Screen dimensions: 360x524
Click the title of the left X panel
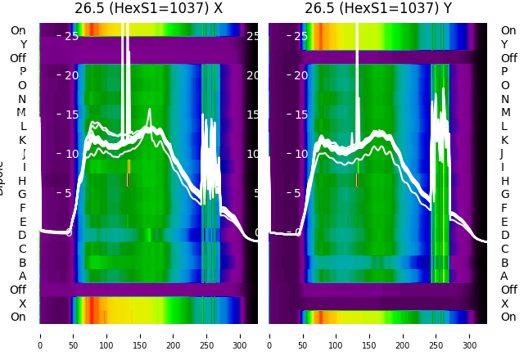(x=148, y=8)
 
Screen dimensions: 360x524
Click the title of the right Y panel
(x=377, y=8)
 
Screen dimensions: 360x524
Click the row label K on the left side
(x=23, y=140)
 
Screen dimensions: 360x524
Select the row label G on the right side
(x=504, y=195)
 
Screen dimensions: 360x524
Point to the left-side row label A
(x=23, y=277)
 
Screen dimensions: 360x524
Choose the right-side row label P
(x=504, y=72)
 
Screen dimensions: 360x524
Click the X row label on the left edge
(x=23, y=304)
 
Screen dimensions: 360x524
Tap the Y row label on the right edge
(x=504, y=44)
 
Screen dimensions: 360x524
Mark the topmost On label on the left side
(x=18, y=31)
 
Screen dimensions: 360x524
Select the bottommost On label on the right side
(x=508, y=317)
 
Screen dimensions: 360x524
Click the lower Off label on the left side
(x=18, y=290)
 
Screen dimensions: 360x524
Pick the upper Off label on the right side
(x=508, y=58)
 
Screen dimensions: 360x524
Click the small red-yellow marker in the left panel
(x=128, y=173)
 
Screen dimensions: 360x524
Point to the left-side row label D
(x=23, y=236)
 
